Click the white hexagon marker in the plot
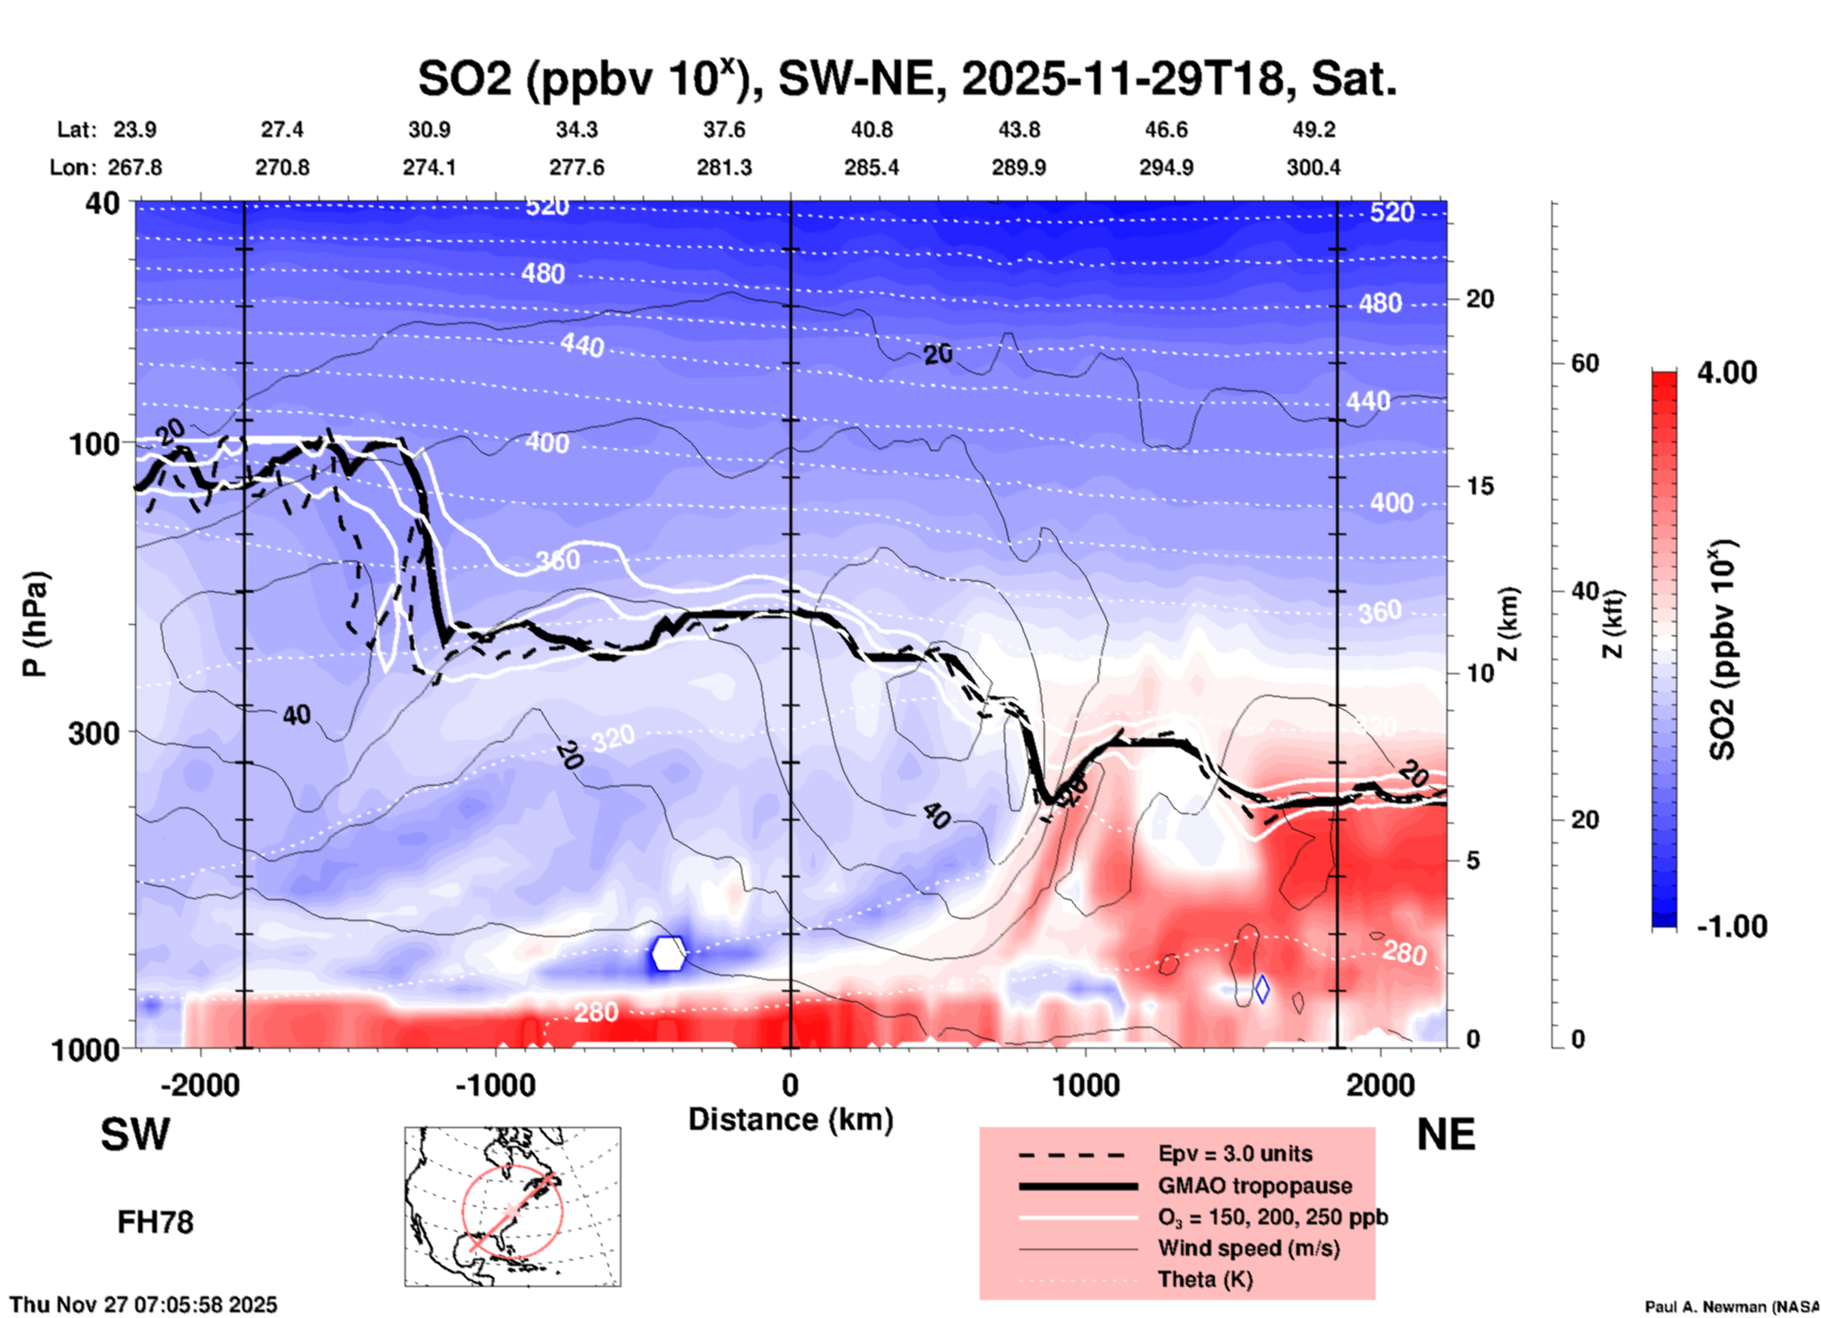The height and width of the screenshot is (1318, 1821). point(668,953)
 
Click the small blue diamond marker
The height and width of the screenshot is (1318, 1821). point(1261,989)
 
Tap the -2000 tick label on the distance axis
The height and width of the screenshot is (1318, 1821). point(200,1085)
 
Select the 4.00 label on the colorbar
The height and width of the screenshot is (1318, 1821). point(1726,373)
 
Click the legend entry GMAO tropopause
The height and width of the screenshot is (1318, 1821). point(1255,1186)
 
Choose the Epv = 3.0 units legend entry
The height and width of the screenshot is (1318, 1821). point(1235,1153)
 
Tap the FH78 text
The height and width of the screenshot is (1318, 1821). point(155,1223)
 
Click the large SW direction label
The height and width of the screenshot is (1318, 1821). point(135,1135)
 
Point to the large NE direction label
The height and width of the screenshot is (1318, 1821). point(1446,1135)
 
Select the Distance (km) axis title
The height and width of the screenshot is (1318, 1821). point(790,1119)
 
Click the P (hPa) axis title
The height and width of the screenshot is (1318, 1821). point(34,624)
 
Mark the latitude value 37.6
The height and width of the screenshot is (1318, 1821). point(724,130)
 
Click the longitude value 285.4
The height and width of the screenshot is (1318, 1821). point(871,167)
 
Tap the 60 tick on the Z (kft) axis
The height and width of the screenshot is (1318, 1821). point(1585,363)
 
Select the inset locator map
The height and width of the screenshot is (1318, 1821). point(512,1205)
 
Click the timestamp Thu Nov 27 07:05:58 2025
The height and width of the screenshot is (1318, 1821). point(144,1305)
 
